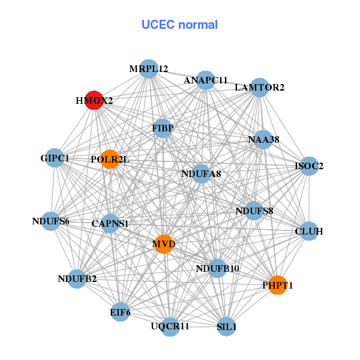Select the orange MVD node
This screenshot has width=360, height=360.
click(x=163, y=244)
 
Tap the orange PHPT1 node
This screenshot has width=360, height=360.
click(x=277, y=285)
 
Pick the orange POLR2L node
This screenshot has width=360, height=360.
click(x=110, y=159)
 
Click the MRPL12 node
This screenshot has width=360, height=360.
click(x=148, y=69)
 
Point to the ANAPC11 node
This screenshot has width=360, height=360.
click(x=206, y=80)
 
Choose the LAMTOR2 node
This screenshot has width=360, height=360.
click(x=259, y=88)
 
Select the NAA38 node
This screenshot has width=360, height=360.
click(x=263, y=140)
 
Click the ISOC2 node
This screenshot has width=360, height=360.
click(x=308, y=166)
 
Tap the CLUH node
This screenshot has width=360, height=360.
click(x=308, y=231)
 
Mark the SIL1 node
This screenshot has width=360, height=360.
click(x=226, y=327)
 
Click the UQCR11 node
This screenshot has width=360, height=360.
click(x=170, y=326)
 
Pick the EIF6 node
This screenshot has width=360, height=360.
click(x=120, y=312)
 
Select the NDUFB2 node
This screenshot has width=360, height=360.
click(x=77, y=278)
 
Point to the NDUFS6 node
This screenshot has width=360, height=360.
click(x=51, y=221)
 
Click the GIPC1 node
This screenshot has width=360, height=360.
click(x=55, y=158)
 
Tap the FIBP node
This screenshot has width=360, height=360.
click(x=162, y=128)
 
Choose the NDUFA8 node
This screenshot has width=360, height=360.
click(x=201, y=174)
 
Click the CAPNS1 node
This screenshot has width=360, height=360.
click(x=110, y=224)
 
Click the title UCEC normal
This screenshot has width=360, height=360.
click(x=179, y=25)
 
